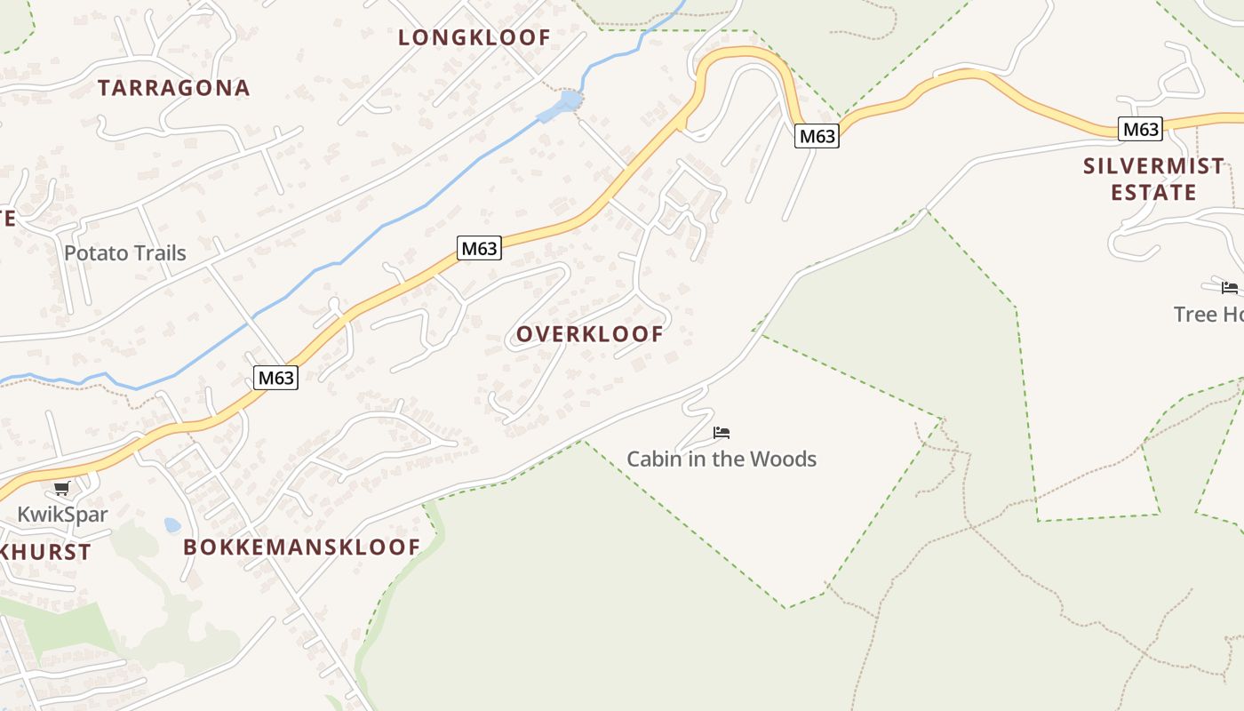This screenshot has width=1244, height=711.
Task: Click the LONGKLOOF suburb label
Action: tap(474, 37)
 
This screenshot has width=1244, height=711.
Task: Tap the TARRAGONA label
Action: tap(174, 88)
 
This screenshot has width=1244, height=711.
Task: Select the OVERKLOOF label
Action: tap(590, 334)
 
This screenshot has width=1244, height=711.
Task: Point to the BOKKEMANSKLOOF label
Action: tap(301, 547)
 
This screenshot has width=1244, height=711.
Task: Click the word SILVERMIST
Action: tap(1153, 166)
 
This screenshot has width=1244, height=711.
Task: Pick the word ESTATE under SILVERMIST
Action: tap(1153, 192)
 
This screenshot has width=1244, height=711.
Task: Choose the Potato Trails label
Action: tap(125, 253)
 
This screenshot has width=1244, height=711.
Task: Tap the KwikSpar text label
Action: tap(62, 515)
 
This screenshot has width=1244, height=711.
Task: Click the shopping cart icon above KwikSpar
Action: tap(61, 488)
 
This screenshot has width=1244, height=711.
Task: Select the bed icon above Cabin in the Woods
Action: tap(722, 433)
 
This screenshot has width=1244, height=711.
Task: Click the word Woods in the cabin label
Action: tap(783, 459)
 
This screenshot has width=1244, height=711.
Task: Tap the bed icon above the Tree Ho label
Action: tap(1230, 287)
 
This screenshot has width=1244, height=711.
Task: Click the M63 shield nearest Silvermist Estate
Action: tap(1140, 130)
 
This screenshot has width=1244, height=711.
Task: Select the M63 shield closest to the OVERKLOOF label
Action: tap(480, 249)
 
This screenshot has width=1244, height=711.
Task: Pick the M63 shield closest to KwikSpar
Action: tap(275, 378)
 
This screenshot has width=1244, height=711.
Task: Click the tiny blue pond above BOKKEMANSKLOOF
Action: tap(172, 525)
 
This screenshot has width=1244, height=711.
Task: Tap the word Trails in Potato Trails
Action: tap(156, 253)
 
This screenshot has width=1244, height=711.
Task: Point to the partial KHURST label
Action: tap(46, 552)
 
